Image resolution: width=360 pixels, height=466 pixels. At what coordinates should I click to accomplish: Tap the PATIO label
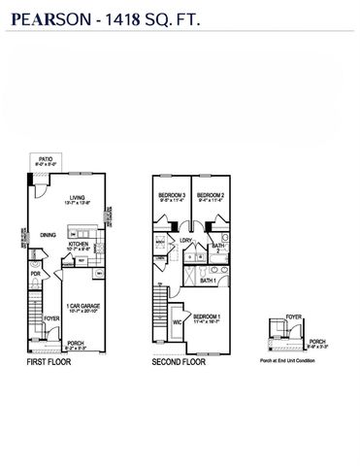(45, 158)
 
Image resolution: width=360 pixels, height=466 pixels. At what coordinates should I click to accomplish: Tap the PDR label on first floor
(34, 275)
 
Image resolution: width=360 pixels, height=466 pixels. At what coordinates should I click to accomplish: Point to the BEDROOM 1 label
(206, 316)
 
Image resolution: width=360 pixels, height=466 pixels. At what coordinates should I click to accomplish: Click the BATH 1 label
(208, 281)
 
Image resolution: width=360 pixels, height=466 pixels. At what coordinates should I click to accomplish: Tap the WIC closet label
(177, 322)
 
